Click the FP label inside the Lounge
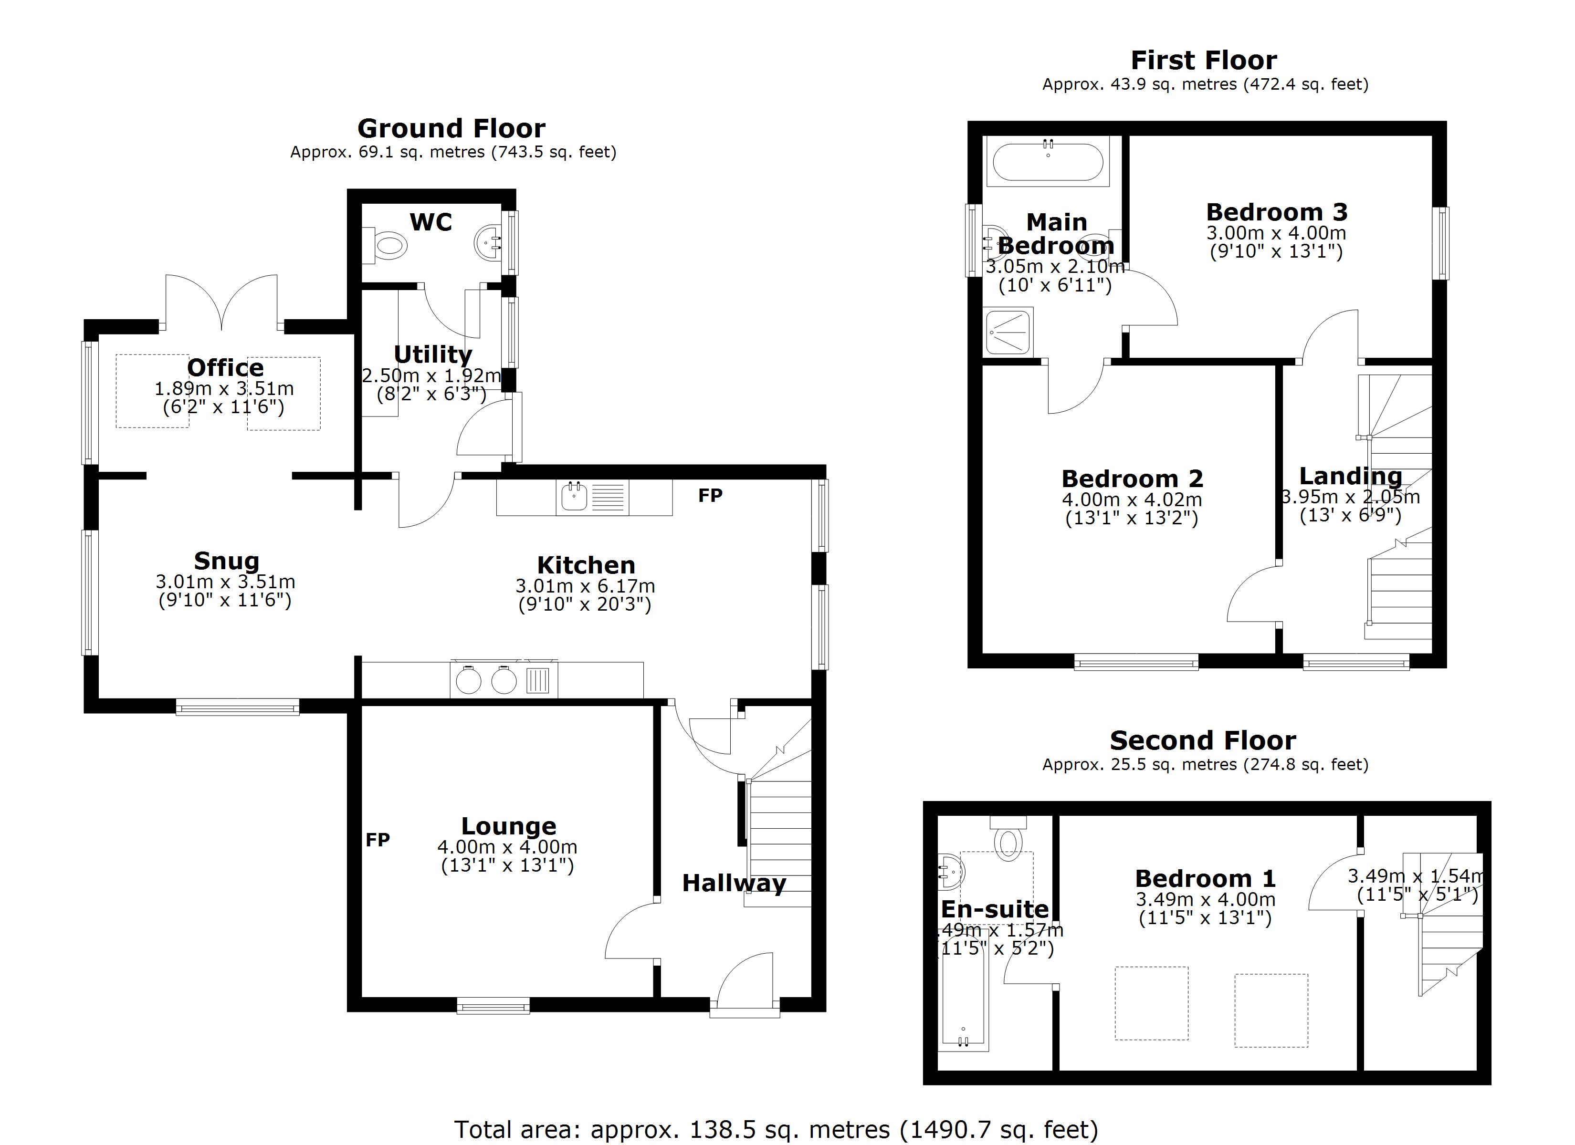(378, 840)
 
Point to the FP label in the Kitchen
(710, 496)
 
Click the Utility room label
(432, 354)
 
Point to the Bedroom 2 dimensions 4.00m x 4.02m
(1132, 499)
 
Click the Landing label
(1350, 476)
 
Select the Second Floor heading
(1203, 741)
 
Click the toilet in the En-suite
(1008, 840)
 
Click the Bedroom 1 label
(1206, 878)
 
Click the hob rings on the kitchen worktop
(486, 680)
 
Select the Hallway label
(734, 883)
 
